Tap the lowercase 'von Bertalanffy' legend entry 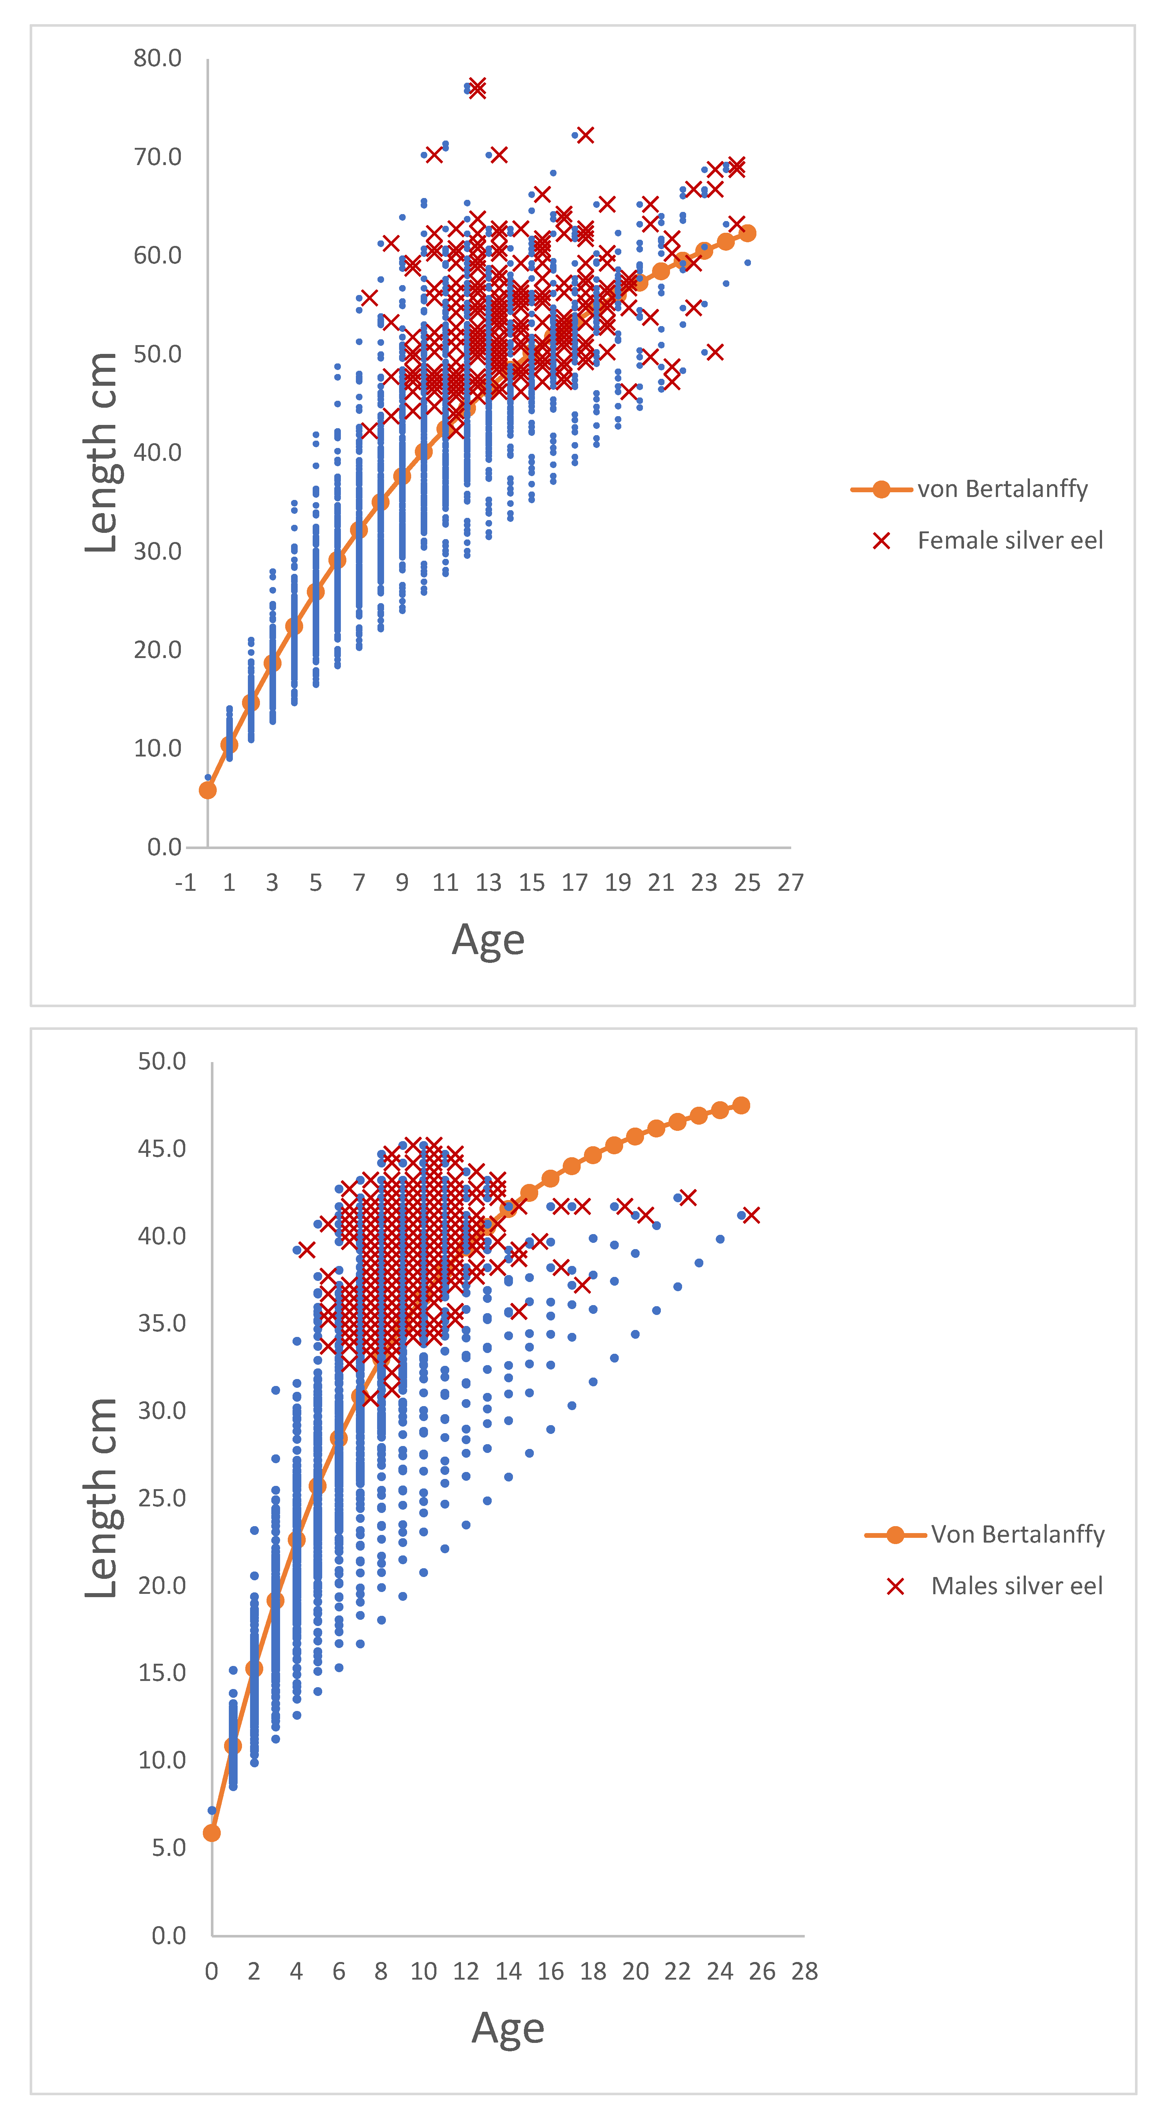point(1002,489)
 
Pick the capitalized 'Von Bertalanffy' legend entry point(1017,1535)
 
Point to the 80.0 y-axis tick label point(158,58)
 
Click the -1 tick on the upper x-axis point(186,883)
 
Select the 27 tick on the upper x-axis point(790,883)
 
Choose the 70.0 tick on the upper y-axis point(158,157)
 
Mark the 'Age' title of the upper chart point(488,940)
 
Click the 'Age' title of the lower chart point(508,2028)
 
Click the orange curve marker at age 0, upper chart point(208,790)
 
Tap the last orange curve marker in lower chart point(741,1105)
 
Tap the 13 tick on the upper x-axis point(488,883)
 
